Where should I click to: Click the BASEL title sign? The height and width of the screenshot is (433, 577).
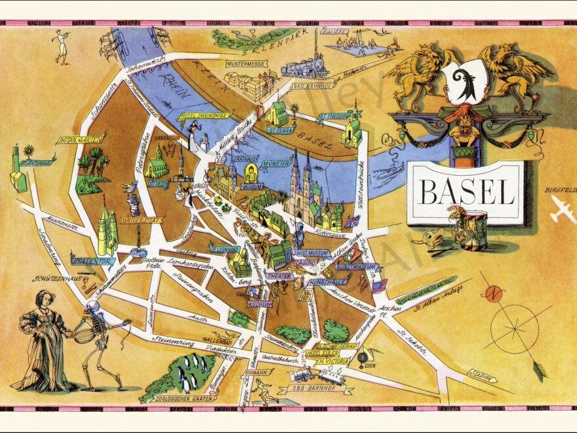tap(467, 192)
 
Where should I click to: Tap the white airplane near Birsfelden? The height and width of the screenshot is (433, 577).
tap(562, 209)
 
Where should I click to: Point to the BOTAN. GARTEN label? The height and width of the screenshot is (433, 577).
tap(75, 140)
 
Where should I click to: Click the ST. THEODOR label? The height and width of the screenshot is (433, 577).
tap(332, 117)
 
